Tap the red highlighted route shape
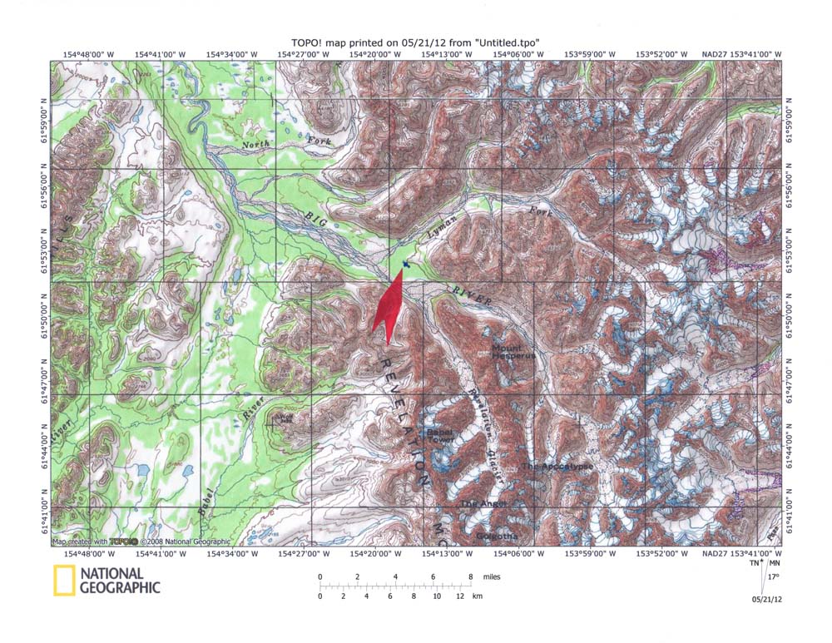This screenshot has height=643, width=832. [x=390, y=309]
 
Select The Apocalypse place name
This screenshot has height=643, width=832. [x=558, y=467]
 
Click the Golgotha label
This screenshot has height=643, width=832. [x=497, y=537]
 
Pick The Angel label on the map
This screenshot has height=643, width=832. [x=483, y=504]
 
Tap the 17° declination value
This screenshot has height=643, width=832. [x=773, y=576]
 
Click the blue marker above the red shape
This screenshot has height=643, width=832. [x=405, y=265]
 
